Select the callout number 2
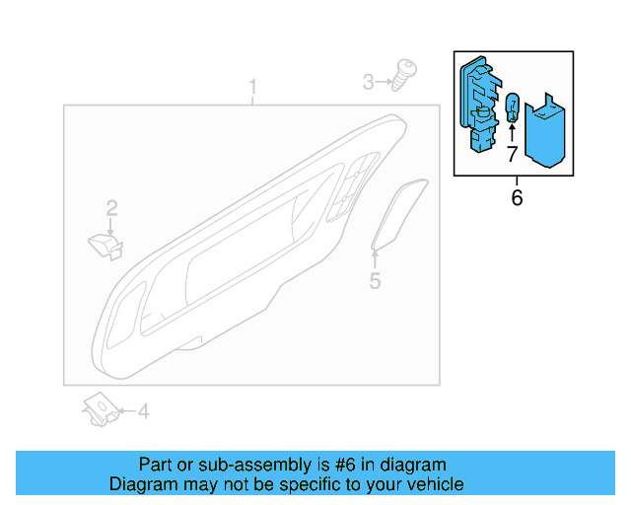pyautogui.click(x=112, y=207)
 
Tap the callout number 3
pyautogui.click(x=369, y=82)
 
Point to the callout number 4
pyautogui.click(x=143, y=411)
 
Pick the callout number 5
pyautogui.click(x=375, y=282)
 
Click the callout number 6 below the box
pyautogui.click(x=517, y=198)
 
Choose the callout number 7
pyautogui.click(x=512, y=154)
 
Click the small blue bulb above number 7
pyautogui.click(x=512, y=108)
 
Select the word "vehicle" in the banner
pyautogui.click(x=435, y=484)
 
